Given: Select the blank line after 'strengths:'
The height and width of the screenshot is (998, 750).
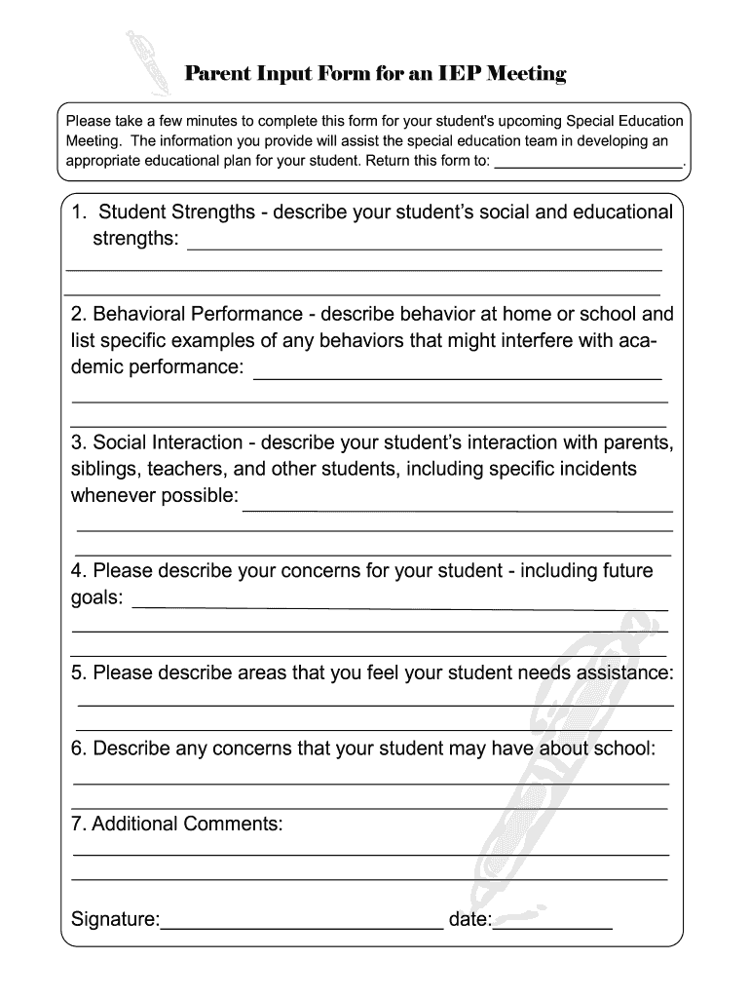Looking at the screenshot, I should tap(424, 248).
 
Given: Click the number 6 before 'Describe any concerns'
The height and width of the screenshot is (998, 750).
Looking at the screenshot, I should tap(77, 748).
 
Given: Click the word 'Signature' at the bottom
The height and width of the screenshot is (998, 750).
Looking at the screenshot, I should tap(114, 920).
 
